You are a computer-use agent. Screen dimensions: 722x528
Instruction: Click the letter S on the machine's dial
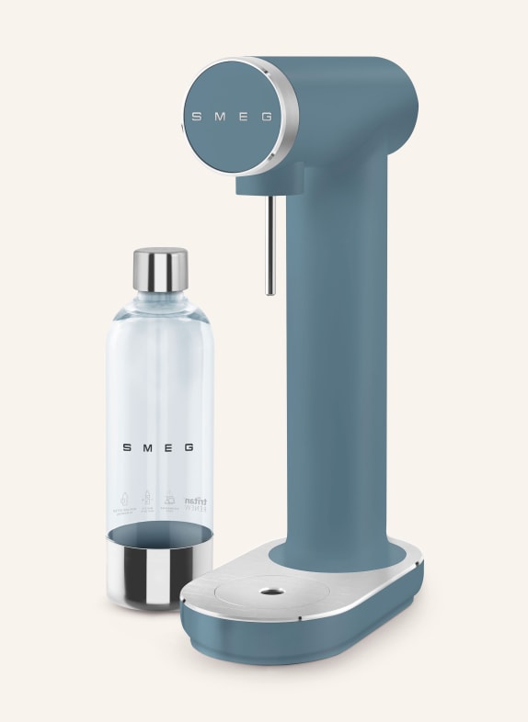pos(197,117)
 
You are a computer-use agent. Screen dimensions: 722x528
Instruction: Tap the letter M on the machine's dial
pos(220,117)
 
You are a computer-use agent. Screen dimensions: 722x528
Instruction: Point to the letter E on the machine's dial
pos(243,117)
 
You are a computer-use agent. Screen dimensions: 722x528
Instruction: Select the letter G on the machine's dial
pos(267,117)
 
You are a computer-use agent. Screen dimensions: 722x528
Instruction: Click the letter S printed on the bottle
pos(128,448)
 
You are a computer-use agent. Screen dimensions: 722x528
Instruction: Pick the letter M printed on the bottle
pos(149,448)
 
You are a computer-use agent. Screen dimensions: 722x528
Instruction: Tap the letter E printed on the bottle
pos(170,448)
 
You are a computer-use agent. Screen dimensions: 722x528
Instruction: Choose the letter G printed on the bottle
pos(190,448)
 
